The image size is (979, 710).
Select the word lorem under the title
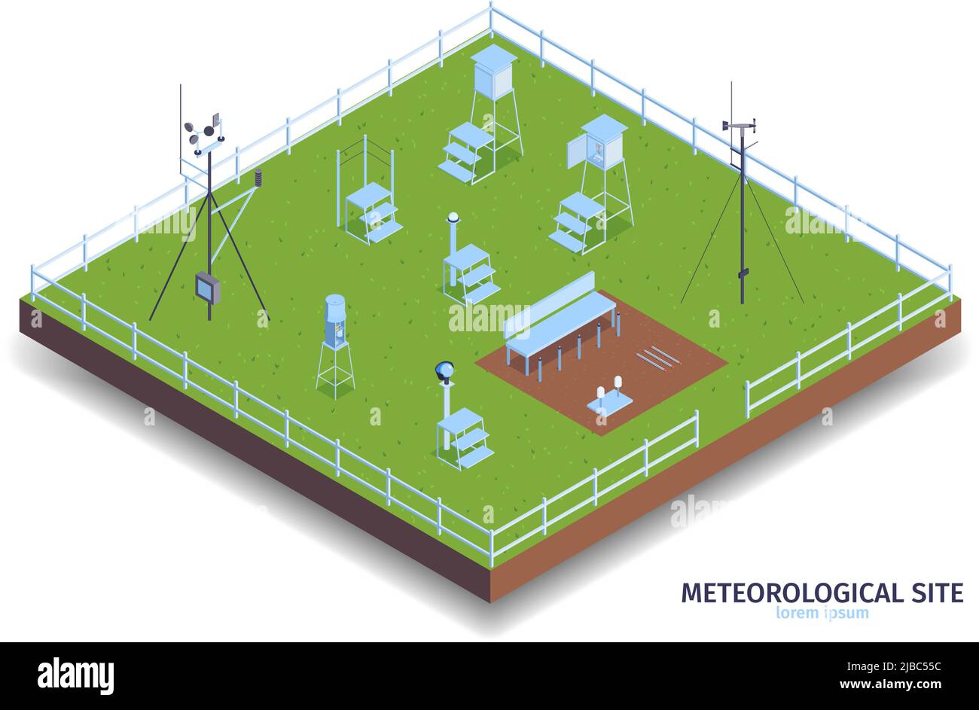(x=797, y=613)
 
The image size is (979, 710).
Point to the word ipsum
(x=847, y=613)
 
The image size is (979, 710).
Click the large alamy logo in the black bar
(x=75, y=675)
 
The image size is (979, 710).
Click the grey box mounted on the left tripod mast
(x=208, y=288)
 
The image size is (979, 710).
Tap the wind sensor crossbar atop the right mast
(x=739, y=125)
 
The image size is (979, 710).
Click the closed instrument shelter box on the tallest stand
(x=493, y=70)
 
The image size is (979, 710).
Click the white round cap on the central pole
(x=453, y=217)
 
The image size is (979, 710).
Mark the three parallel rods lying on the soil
(x=657, y=357)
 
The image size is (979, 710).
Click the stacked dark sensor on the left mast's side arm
(x=258, y=178)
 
